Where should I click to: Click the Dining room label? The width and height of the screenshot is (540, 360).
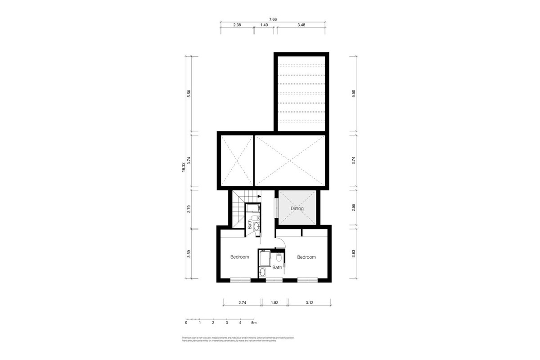click(x=297, y=208)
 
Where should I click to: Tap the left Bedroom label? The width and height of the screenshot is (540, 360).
click(x=239, y=257)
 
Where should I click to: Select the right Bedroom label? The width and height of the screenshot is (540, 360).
click(x=306, y=257)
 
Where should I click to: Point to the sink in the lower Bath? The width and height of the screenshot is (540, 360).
click(x=262, y=271)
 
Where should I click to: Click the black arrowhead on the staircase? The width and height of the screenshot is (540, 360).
click(x=260, y=196)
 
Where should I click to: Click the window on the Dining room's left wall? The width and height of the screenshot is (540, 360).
click(x=276, y=208)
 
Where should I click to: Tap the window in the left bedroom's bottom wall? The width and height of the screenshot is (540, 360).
click(x=240, y=280)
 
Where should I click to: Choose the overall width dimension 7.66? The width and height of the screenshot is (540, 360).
click(x=273, y=19)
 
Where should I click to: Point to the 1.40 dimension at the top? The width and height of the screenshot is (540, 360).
click(x=264, y=26)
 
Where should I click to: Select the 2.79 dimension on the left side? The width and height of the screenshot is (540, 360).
click(x=189, y=208)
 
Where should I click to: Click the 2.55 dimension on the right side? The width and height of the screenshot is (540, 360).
click(x=354, y=207)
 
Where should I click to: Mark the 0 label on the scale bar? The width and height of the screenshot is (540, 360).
click(x=186, y=323)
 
